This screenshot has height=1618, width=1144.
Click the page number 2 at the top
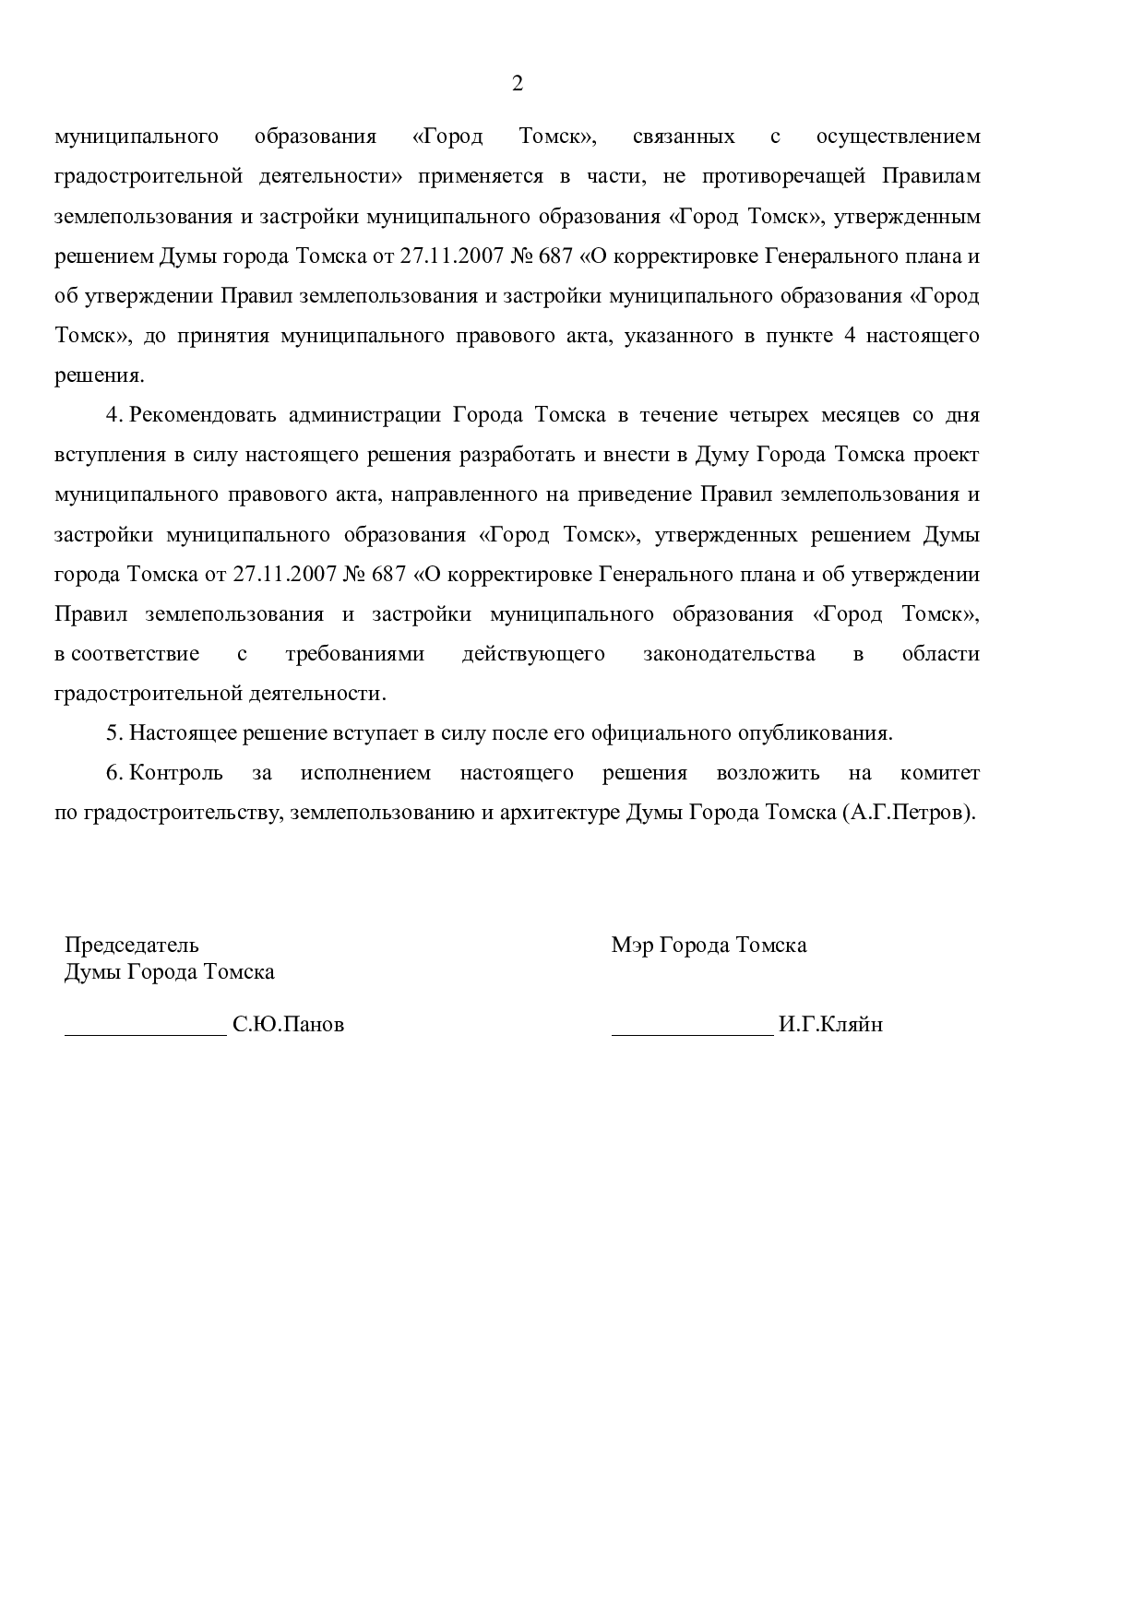[517, 84]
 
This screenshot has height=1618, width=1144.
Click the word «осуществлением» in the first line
[898, 137]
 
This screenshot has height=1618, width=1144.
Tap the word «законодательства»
[729, 654]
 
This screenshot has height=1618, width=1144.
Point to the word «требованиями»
[354, 654]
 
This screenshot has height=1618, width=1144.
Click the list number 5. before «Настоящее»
[114, 733]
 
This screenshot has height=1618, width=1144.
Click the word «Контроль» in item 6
[176, 773]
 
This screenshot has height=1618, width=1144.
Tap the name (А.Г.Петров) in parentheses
[908, 814]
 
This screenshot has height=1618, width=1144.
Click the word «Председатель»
[131, 946]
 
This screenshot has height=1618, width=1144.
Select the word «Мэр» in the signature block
[629, 946]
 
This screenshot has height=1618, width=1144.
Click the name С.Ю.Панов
[288, 1025]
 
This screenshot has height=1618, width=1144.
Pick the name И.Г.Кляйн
[830, 1025]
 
